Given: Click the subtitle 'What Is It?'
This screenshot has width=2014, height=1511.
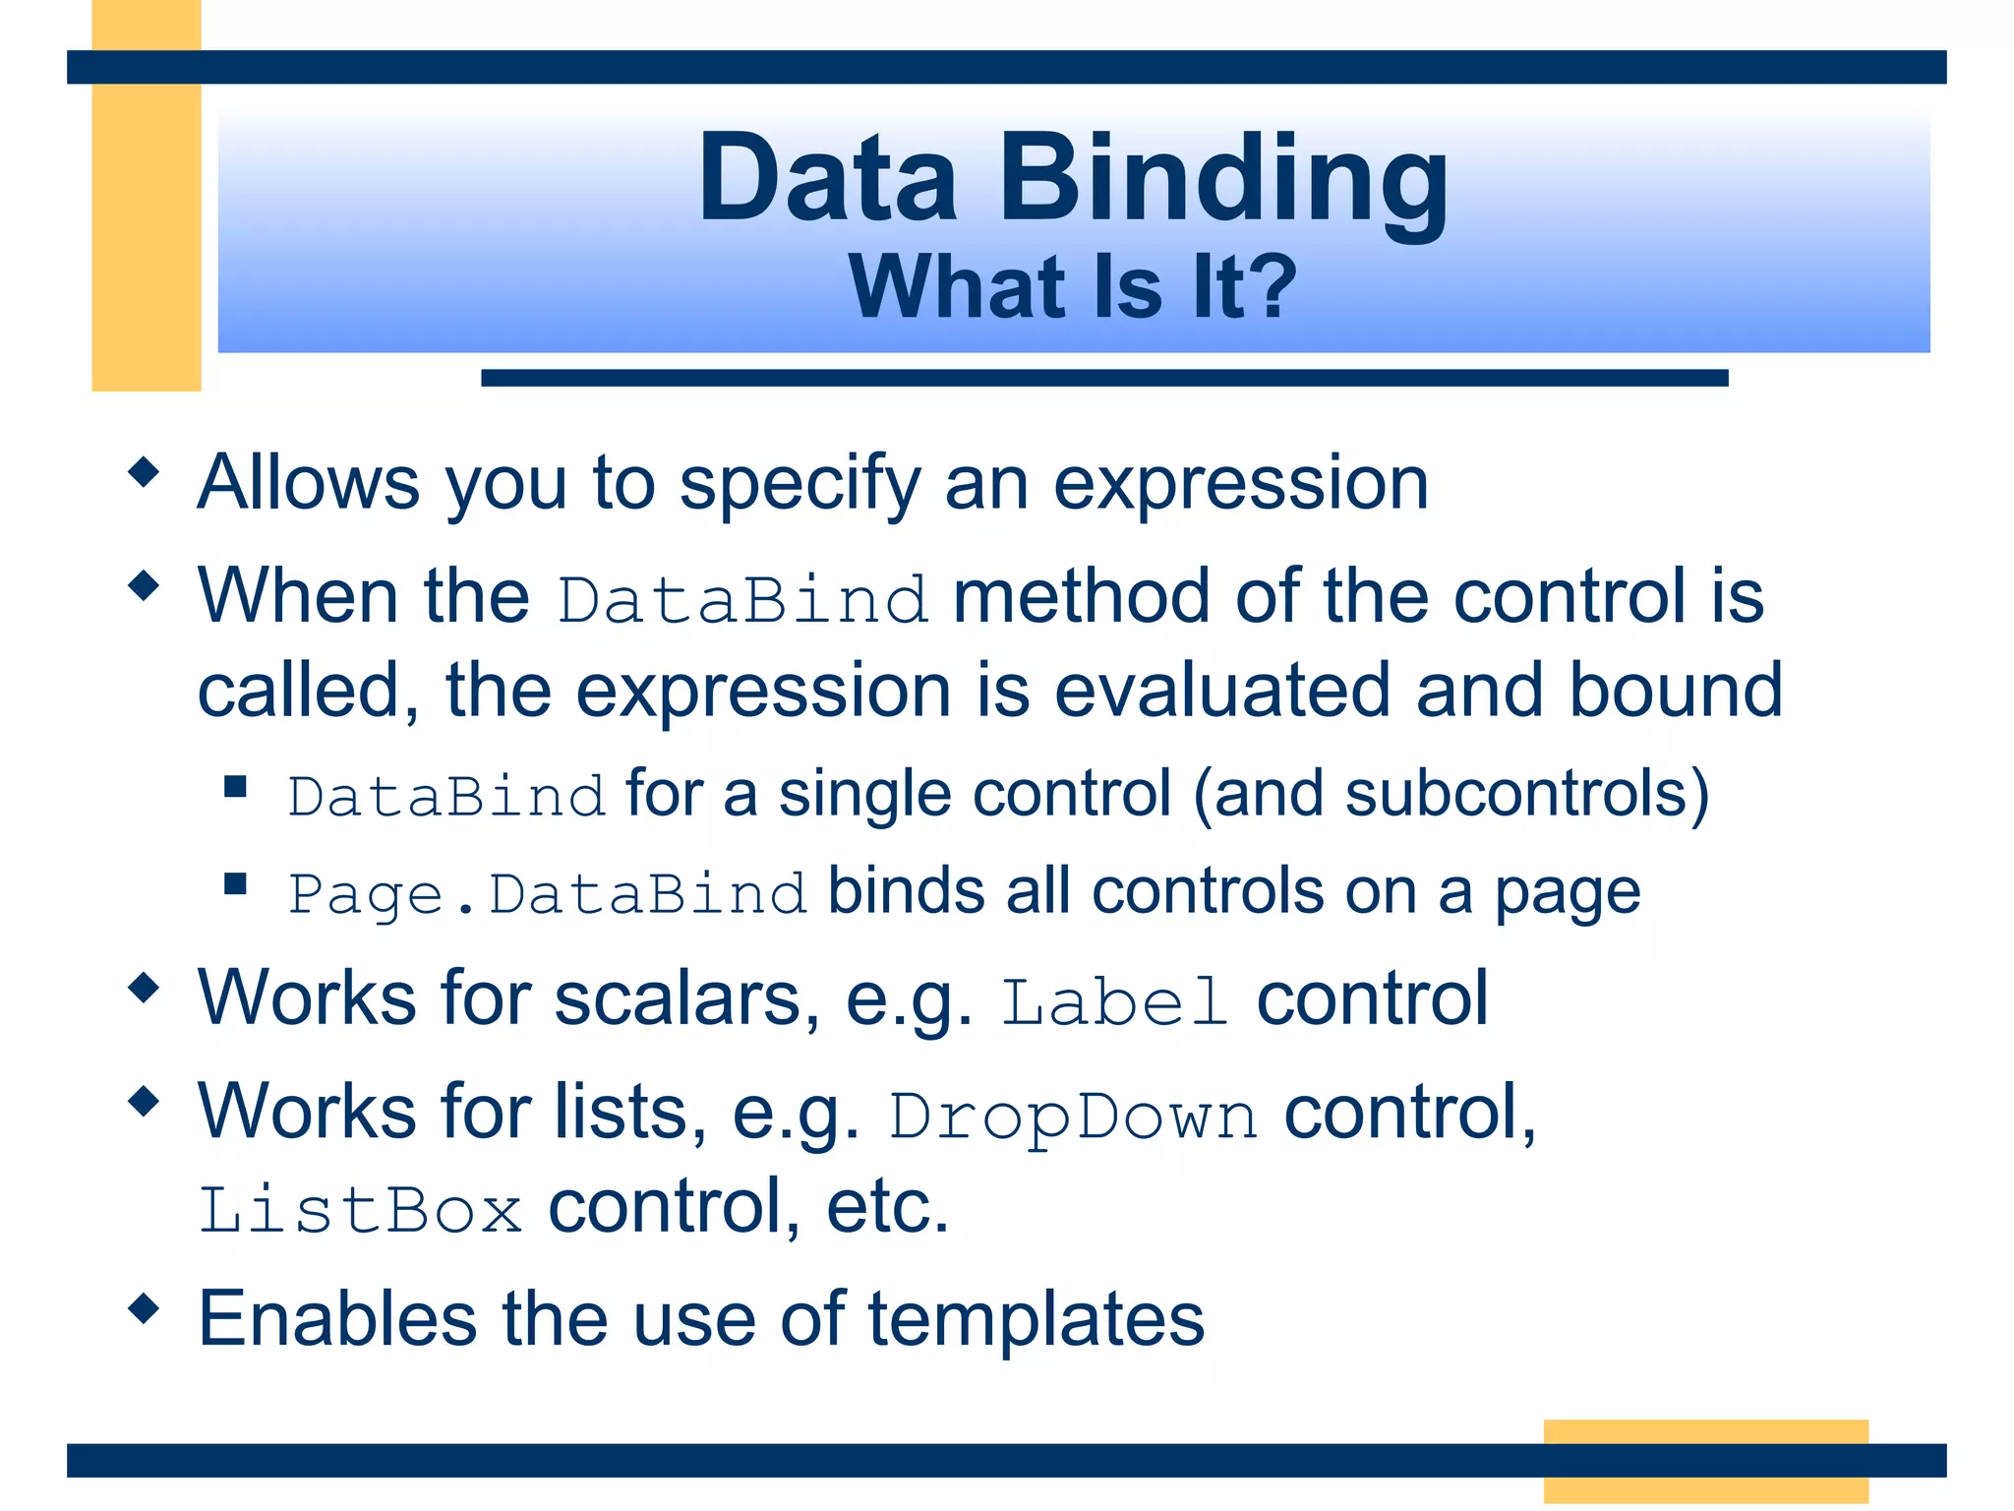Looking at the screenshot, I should click(x=1072, y=287).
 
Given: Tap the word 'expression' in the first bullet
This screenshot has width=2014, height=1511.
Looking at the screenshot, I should click(x=1240, y=484).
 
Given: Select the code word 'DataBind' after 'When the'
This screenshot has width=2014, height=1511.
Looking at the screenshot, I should click(x=742, y=599).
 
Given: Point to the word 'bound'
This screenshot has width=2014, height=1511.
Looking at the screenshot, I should click(x=1675, y=690).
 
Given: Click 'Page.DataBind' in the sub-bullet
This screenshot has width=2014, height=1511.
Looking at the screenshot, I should click(x=547, y=894).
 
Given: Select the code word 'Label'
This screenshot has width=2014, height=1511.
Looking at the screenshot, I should click(x=1115, y=1002).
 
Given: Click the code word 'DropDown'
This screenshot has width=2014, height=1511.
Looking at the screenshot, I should click(x=1073, y=1117).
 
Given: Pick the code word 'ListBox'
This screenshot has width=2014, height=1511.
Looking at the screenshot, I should click(x=360, y=1210).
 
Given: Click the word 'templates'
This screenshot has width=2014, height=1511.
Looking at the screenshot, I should click(x=1036, y=1319).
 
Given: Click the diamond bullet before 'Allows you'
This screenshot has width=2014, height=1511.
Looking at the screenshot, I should click(x=144, y=472).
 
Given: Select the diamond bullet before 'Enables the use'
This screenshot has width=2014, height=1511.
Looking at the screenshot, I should click(x=144, y=1308).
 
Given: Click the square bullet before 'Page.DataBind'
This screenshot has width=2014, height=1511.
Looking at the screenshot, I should click(x=235, y=883).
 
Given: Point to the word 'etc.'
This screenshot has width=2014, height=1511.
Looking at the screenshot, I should click(x=887, y=1207).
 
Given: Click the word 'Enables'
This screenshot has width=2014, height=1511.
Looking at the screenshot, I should click(x=337, y=1319).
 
